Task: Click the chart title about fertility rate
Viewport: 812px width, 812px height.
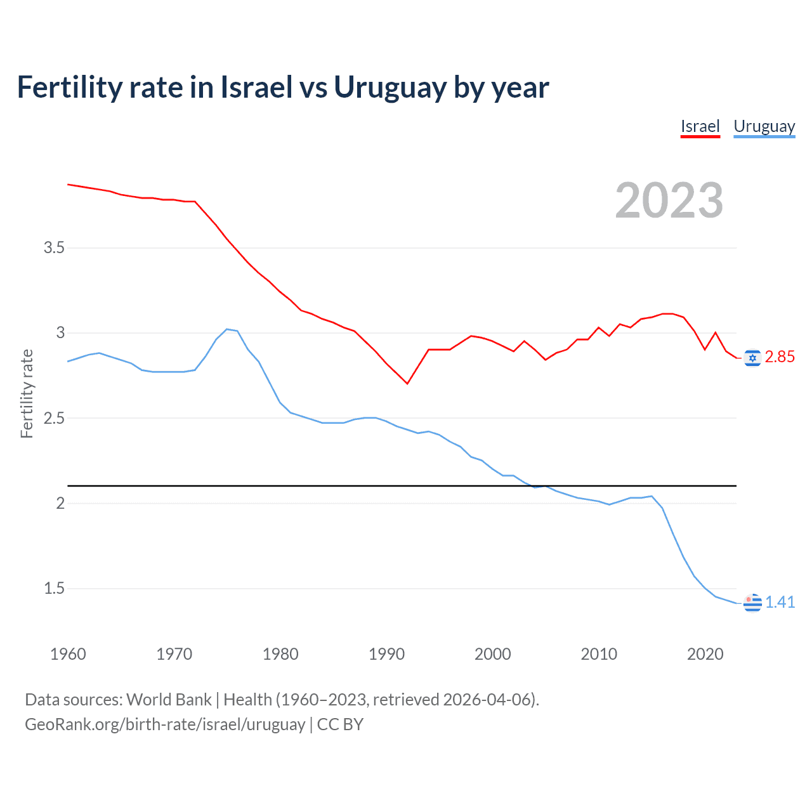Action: pyautogui.click(x=283, y=88)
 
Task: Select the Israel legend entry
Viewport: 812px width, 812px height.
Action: pyautogui.click(x=700, y=126)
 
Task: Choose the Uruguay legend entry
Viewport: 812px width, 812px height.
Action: pyautogui.click(x=764, y=126)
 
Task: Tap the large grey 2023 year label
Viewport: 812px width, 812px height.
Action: pyautogui.click(x=669, y=200)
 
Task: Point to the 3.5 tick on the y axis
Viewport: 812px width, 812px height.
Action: pyautogui.click(x=54, y=247)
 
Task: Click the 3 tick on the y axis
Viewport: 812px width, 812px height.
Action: pyautogui.click(x=60, y=332)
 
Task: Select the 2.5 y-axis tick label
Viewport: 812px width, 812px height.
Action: pyautogui.click(x=54, y=418)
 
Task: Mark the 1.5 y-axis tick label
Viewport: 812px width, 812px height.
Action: pyautogui.click(x=54, y=589)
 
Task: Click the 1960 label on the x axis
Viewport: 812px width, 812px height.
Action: pyautogui.click(x=68, y=654)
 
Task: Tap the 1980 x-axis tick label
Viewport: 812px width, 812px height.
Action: pyautogui.click(x=280, y=654)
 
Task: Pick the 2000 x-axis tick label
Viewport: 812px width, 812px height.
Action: pyautogui.click(x=492, y=654)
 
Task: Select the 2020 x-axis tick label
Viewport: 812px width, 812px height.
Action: pyautogui.click(x=705, y=654)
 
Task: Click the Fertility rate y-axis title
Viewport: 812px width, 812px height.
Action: pyautogui.click(x=27, y=393)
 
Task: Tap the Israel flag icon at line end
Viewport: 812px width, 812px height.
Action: pyautogui.click(x=752, y=358)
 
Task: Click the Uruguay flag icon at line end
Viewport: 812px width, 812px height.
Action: pyautogui.click(x=752, y=603)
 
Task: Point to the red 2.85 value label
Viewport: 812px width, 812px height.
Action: pyautogui.click(x=780, y=357)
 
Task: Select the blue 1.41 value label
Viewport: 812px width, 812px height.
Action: pyautogui.click(x=780, y=602)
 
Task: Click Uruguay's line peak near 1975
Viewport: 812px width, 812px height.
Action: pyautogui.click(x=227, y=329)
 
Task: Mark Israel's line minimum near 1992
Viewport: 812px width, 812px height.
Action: pyautogui.click(x=407, y=383)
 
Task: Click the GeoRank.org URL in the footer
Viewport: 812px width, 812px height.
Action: pyautogui.click(x=165, y=724)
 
